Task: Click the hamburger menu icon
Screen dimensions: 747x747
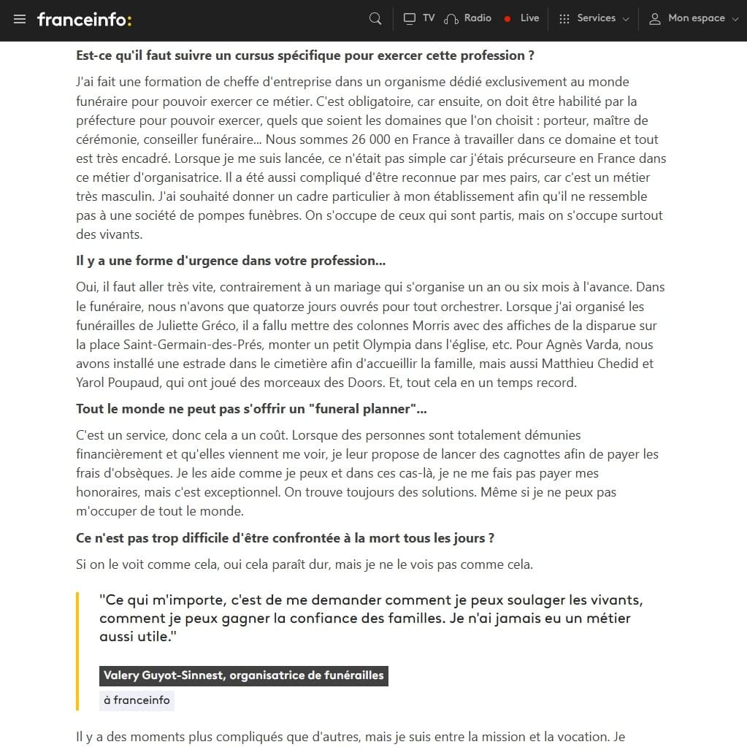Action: [x=20, y=19]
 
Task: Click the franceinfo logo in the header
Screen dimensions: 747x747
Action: [x=84, y=19]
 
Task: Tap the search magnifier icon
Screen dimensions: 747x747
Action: [x=375, y=19]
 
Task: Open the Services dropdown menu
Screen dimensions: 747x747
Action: [x=594, y=18]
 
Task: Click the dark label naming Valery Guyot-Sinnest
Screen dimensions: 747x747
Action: [x=244, y=675]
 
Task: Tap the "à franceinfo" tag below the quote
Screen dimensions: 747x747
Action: [x=137, y=700]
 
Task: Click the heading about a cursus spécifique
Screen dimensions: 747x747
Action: [x=305, y=55]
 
